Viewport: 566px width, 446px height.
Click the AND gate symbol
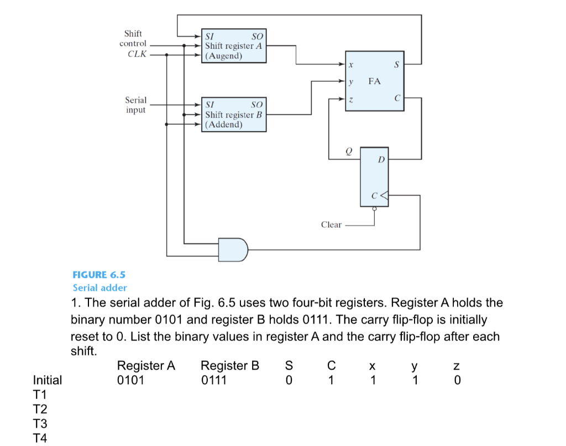coord(233,249)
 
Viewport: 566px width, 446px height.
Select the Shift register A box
coord(233,46)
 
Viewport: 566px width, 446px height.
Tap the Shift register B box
coord(233,115)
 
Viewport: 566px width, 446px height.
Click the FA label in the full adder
coord(374,81)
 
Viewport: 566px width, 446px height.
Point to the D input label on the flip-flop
coord(380,160)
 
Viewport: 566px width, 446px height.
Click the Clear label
coord(331,225)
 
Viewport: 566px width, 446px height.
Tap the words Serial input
coord(135,105)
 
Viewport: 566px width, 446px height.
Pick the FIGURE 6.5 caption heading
coord(99,275)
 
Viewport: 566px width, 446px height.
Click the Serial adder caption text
coord(100,287)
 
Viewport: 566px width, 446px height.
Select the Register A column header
coord(146,365)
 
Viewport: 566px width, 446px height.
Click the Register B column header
coord(230,365)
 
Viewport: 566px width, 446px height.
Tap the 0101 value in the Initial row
coord(131,380)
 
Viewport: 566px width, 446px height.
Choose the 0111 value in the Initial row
coord(214,380)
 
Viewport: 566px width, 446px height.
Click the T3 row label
coord(40,424)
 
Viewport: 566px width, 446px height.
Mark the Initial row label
coord(48,380)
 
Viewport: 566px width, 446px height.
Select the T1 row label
coord(40,395)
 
